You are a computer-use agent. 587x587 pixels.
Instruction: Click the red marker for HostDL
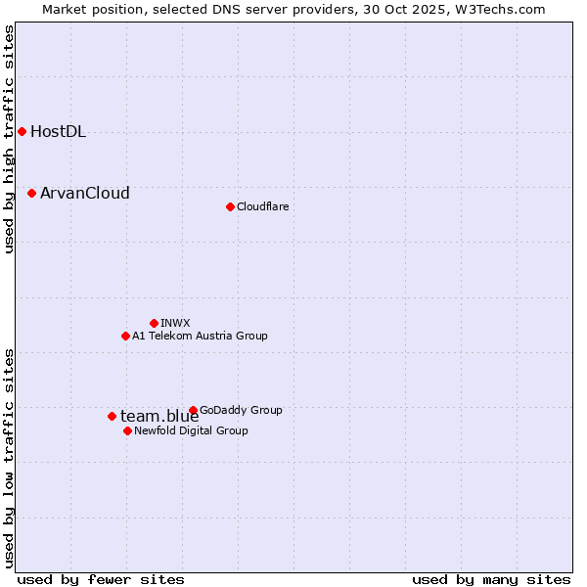(22, 132)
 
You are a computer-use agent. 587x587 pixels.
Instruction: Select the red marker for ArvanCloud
(31, 194)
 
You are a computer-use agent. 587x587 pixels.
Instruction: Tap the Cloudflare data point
(230, 206)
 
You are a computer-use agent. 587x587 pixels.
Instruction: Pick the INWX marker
(154, 323)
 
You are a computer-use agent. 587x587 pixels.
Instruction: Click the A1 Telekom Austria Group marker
(125, 336)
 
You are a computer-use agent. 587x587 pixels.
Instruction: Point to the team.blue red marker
(112, 416)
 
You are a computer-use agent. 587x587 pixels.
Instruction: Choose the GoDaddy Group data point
(193, 410)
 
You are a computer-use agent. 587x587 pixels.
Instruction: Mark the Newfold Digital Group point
(127, 430)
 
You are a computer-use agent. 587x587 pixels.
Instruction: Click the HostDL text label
(58, 132)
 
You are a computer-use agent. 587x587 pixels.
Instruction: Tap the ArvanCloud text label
(84, 194)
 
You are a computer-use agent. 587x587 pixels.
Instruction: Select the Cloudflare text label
(262, 206)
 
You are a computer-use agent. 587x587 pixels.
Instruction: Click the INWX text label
(175, 323)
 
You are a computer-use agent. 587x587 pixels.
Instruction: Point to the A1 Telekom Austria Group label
(200, 336)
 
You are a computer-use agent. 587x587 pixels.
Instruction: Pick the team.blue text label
(159, 417)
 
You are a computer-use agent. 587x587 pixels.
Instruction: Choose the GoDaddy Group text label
(241, 410)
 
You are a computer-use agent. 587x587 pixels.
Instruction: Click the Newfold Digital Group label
(191, 430)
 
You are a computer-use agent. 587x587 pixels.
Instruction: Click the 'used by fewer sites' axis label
(101, 579)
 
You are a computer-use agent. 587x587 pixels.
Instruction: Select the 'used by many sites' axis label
(491, 579)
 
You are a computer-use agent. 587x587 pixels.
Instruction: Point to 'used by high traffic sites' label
(9, 139)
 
